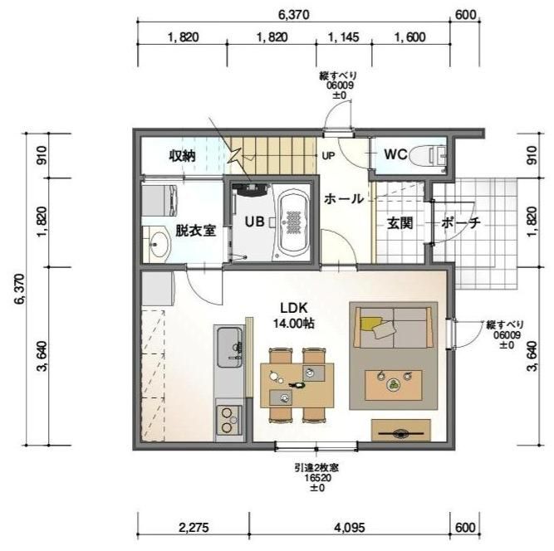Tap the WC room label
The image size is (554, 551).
(x=395, y=154)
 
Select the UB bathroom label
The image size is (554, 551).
(x=253, y=222)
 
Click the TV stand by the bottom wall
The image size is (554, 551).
(x=400, y=432)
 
